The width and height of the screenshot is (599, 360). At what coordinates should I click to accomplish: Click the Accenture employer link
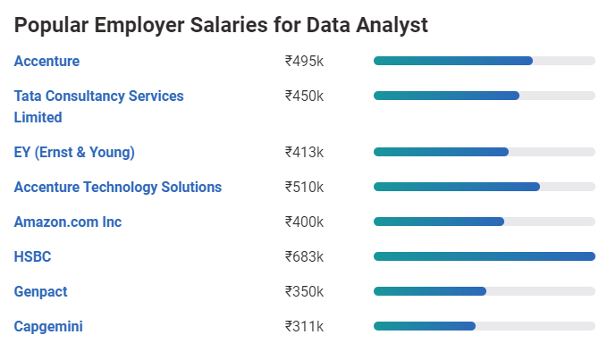[46, 62]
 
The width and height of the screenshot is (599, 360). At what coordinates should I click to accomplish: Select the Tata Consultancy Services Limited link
[98, 96]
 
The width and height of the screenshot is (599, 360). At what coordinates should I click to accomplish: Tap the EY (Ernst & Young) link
[74, 153]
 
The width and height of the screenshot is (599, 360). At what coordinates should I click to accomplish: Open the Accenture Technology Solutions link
[118, 188]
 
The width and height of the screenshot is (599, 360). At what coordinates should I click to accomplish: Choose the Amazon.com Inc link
[68, 222]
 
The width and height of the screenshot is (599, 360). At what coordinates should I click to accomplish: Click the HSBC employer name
[33, 257]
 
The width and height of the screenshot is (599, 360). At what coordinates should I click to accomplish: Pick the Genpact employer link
[41, 292]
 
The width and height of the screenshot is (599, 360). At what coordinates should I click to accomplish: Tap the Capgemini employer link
[48, 327]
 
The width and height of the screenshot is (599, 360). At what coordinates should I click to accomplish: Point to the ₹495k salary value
[304, 62]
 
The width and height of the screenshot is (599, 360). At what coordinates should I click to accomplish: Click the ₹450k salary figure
[304, 96]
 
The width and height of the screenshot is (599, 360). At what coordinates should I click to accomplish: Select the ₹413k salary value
[304, 153]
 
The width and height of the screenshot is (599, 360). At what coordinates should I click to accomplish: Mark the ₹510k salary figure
[304, 188]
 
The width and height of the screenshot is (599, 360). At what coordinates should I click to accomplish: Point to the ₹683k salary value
[304, 257]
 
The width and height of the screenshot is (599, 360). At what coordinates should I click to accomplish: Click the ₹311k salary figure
[304, 327]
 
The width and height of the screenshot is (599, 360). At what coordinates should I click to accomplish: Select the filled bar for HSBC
[484, 256]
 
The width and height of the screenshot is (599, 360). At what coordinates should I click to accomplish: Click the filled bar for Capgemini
[425, 326]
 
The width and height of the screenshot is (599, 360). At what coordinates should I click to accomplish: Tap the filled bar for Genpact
[430, 291]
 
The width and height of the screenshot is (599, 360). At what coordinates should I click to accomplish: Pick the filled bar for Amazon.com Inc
[439, 222]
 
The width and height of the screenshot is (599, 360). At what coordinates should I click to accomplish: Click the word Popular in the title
[54, 26]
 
